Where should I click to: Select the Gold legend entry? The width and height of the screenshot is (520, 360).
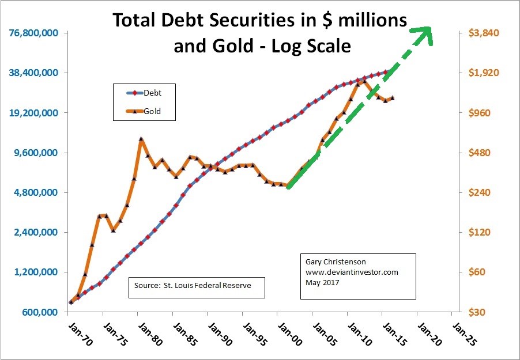tap(144, 111)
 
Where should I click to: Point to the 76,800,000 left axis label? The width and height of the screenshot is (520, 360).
tap(34, 33)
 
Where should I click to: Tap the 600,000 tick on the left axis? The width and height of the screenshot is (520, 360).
tap(39, 312)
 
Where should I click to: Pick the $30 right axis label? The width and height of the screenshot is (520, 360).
tap(478, 312)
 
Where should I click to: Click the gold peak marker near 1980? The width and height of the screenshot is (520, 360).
tap(141, 139)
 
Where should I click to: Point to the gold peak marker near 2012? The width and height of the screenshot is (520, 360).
tap(364, 81)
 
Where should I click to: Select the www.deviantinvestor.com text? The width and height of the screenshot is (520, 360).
tap(352, 272)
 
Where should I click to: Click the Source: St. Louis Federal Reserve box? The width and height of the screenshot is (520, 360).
tap(196, 286)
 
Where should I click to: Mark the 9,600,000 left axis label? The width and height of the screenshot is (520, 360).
tap(36, 153)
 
